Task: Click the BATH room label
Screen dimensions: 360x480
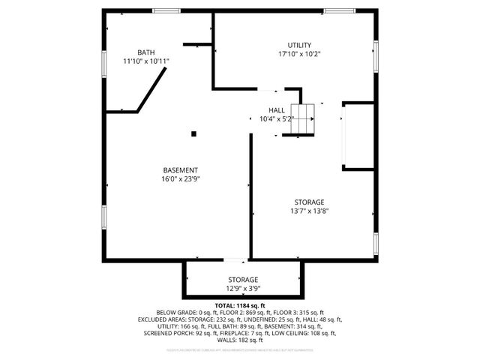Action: click(x=146, y=52)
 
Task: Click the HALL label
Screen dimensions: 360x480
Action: click(x=276, y=110)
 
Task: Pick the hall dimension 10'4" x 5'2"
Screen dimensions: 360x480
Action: click(x=276, y=118)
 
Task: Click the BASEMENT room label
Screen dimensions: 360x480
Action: click(x=180, y=169)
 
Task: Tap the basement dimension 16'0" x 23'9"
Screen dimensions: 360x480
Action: click(x=180, y=178)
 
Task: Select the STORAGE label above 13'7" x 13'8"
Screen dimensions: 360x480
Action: click(x=309, y=202)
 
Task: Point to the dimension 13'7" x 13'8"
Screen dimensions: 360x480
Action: click(x=309, y=211)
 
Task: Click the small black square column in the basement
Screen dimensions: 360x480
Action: click(x=193, y=134)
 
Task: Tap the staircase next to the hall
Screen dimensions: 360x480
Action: click(x=300, y=120)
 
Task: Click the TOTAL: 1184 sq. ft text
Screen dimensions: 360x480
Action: click(x=240, y=306)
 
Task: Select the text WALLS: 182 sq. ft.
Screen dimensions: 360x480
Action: click(x=240, y=340)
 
